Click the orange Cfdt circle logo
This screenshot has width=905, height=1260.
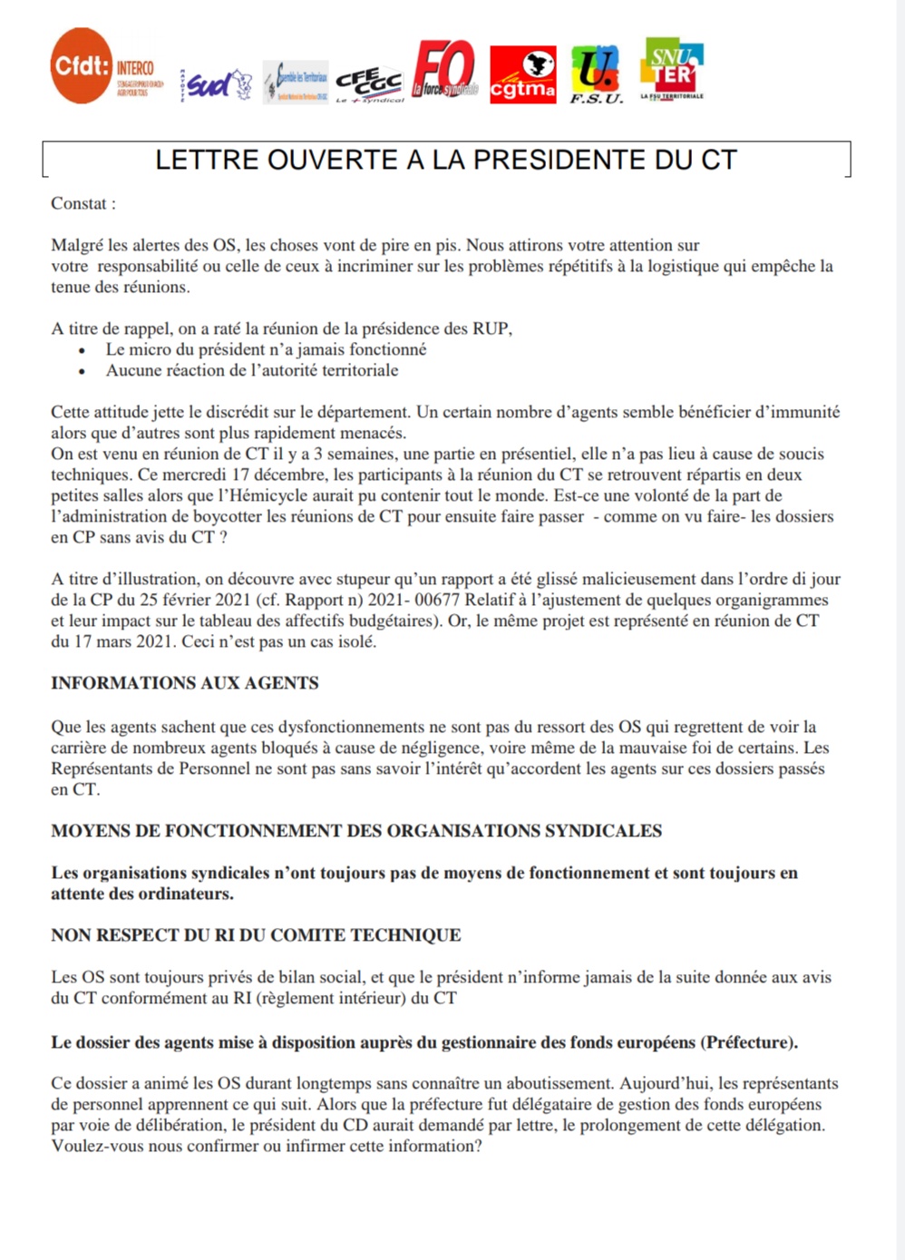point(82,66)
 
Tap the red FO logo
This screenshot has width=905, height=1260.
point(444,70)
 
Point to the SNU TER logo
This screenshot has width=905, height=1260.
point(672,67)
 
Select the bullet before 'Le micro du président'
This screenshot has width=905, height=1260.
point(83,350)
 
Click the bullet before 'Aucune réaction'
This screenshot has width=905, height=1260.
point(83,371)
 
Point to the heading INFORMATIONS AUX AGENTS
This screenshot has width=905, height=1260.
point(185,683)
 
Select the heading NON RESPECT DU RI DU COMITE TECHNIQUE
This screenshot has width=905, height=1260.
point(256,935)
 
